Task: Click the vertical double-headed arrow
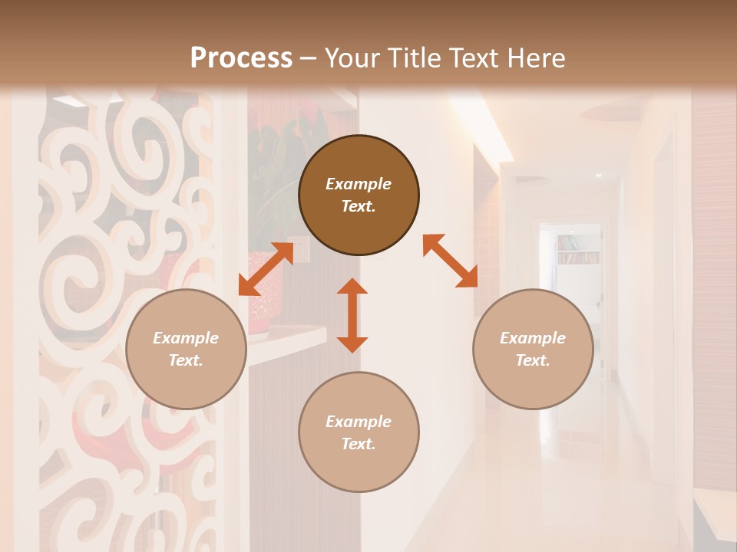[352, 315]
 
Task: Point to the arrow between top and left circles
[266, 269]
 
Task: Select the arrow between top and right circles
[451, 261]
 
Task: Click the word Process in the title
[241, 58]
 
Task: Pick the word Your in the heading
[350, 58]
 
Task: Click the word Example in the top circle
[359, 184]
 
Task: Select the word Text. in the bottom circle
[359, 444]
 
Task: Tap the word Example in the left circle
[186, 338]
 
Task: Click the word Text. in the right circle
[533, 360]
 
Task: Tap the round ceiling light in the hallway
[599, 176]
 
